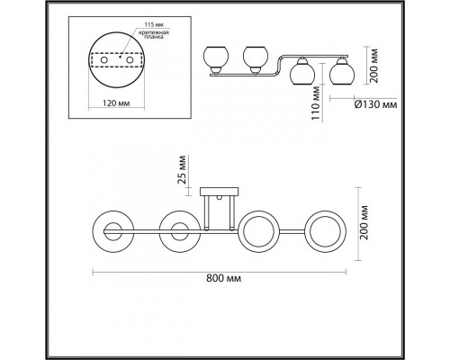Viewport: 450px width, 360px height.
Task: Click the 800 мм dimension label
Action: click(x=223, y=278)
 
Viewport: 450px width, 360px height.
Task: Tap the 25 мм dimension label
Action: click(x=182, y=169)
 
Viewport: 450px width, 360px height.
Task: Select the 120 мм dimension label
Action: click(x=116, y=103)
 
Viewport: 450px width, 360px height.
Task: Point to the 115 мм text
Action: click(x=154, y=24)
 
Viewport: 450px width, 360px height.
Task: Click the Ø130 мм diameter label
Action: click(x=375, y=104)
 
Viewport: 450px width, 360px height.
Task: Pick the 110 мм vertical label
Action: click(x=315, y=103)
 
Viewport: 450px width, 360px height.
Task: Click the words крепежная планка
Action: click(x=154, y=35)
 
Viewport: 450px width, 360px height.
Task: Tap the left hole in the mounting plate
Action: click(x=104, y=60)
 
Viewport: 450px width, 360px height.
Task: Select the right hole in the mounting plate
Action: click(x=130, y=60)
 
